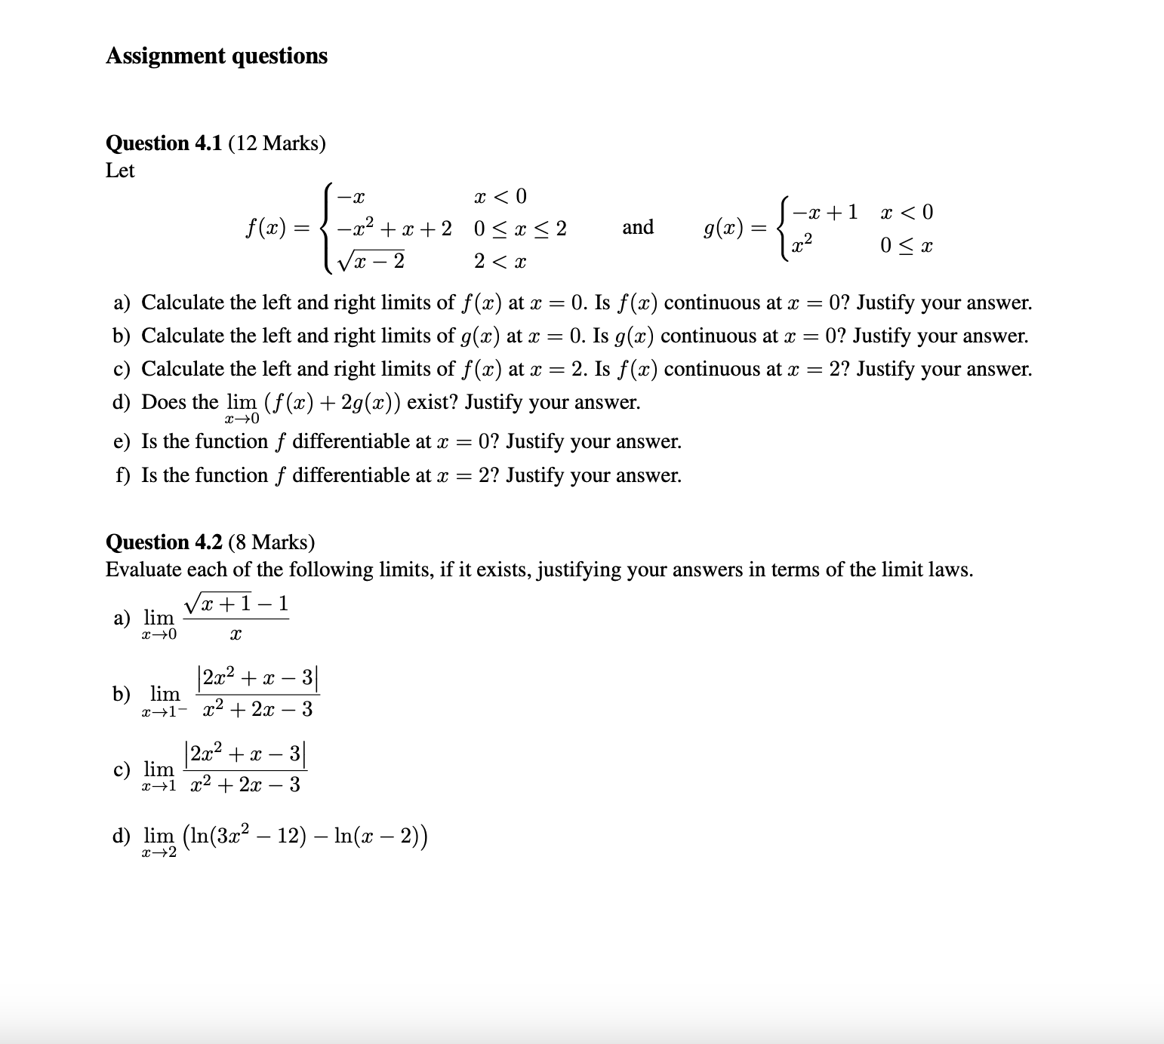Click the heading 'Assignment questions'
pos(217,56)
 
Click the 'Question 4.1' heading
pos(163,143)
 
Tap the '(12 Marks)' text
pos(277,143)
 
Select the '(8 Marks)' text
pos(271,542)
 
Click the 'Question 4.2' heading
pos(164,542)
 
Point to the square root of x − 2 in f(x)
pos(371,260)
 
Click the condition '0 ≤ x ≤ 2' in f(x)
pos(520,229)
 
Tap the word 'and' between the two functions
pos(638,227)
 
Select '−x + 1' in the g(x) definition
pos(825,213)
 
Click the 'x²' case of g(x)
pos(802,244)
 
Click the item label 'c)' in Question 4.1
pos(122,370)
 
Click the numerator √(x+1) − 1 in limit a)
pos(236,603)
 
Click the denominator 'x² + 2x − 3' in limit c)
pos(245,785)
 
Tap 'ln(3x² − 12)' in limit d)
pos(248,836)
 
